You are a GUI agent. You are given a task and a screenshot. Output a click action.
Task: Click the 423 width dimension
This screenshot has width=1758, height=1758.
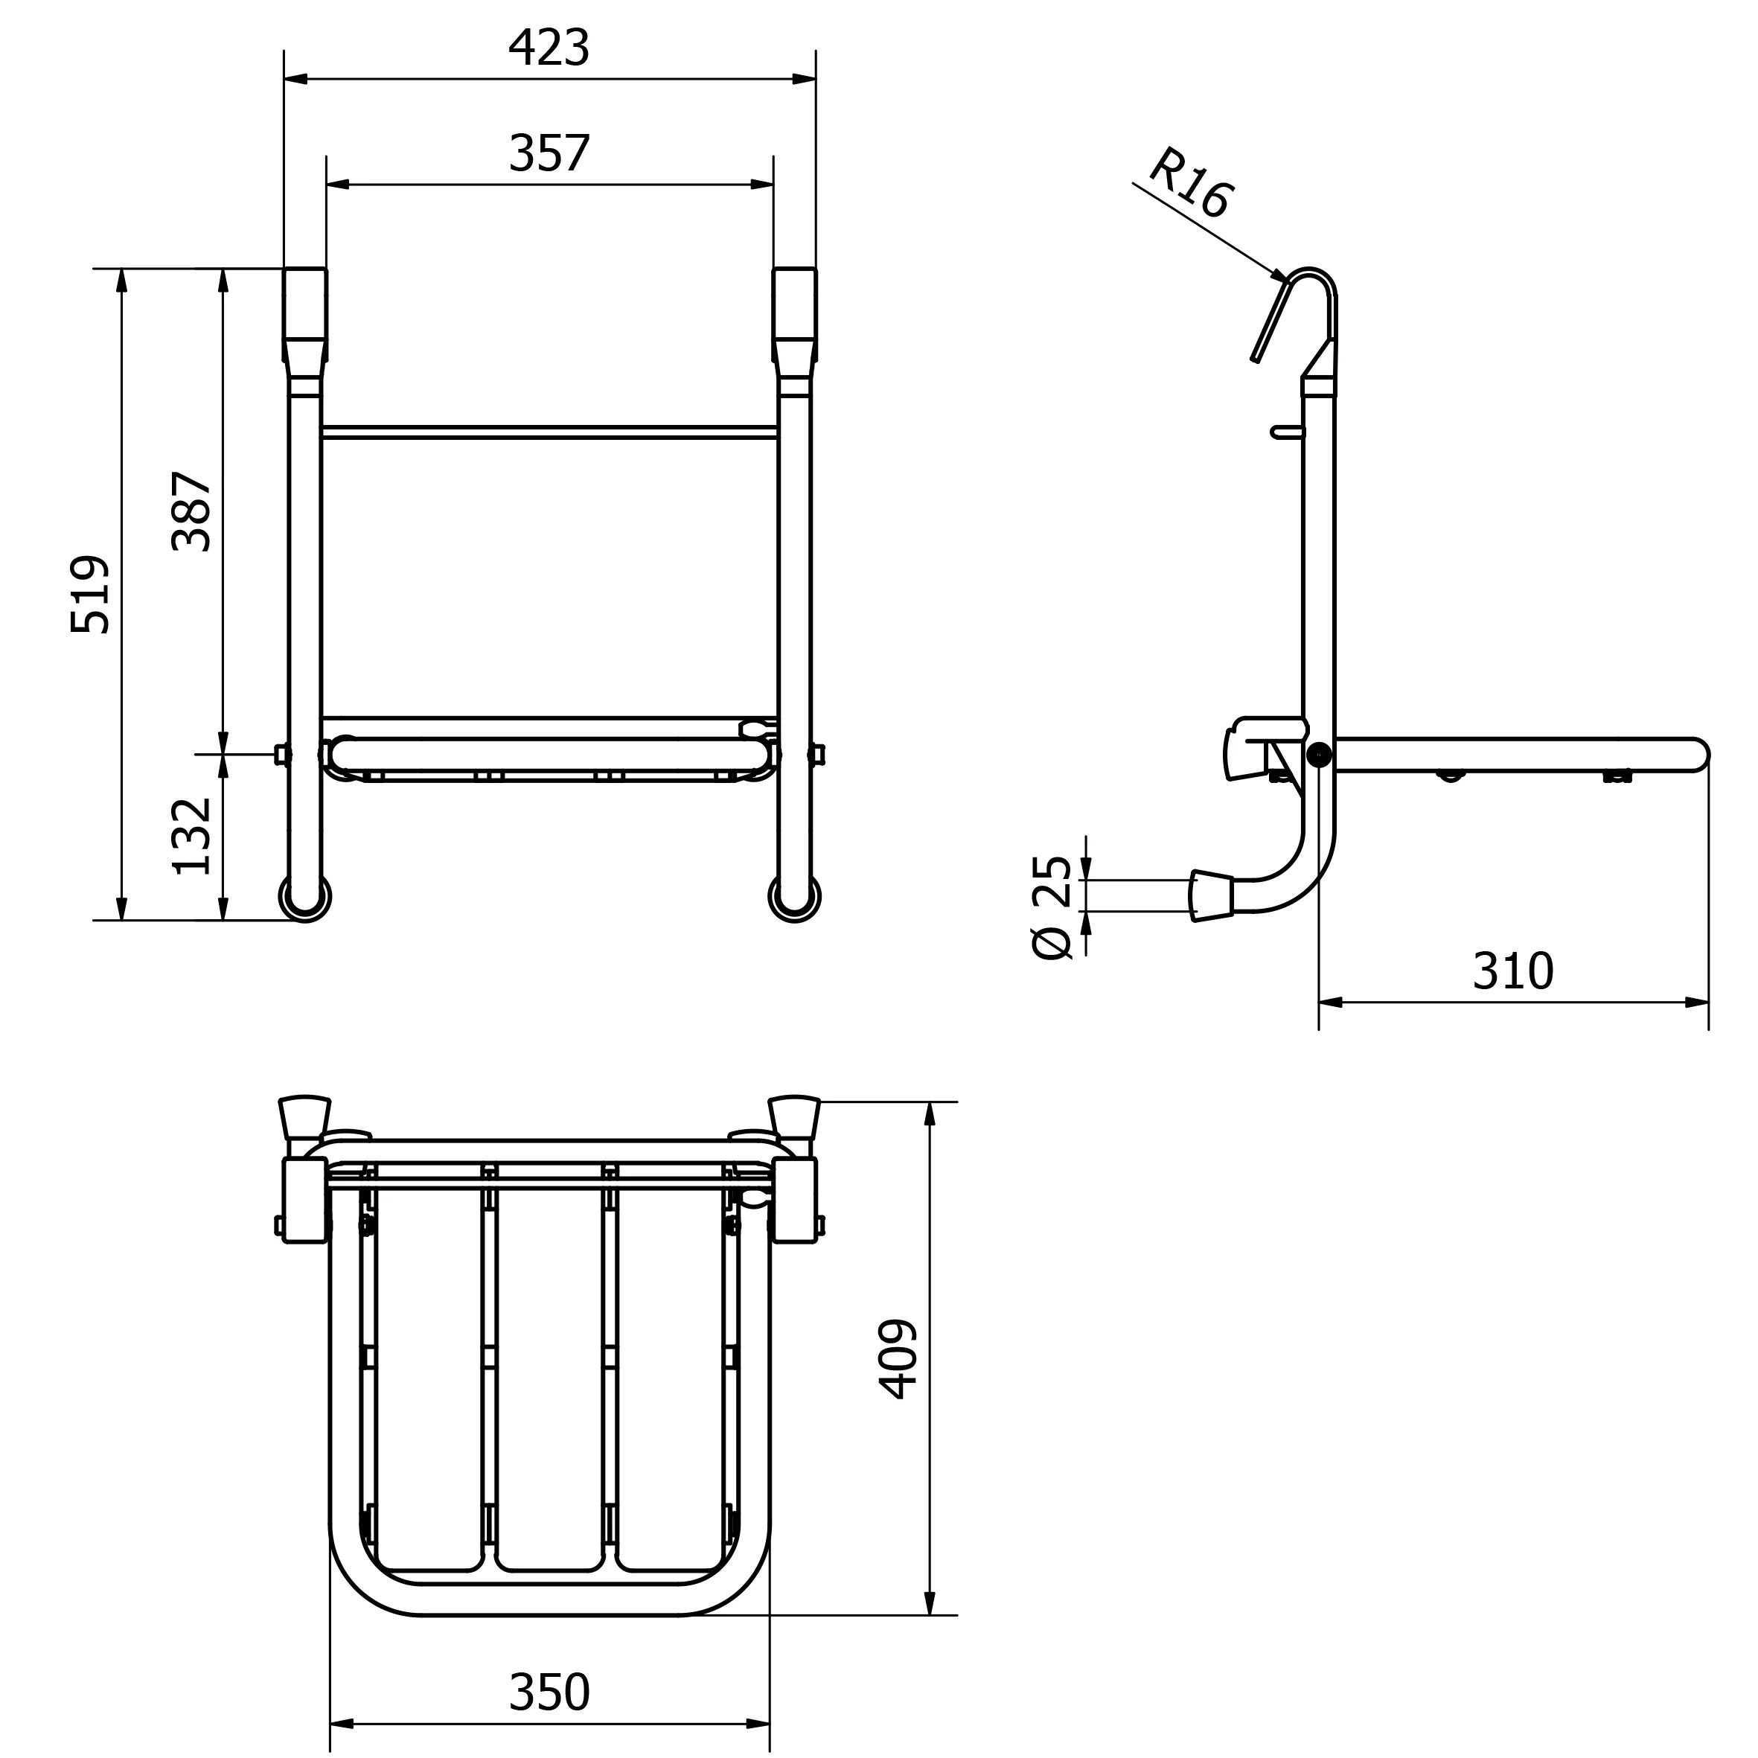pos(549,48)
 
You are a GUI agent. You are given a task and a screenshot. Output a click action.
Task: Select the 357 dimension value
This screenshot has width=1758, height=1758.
pos(549,153)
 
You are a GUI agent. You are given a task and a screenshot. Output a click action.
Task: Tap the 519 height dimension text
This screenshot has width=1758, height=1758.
pos(90,594)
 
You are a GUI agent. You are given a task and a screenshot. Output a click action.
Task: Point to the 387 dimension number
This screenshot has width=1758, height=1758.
pos(191,511)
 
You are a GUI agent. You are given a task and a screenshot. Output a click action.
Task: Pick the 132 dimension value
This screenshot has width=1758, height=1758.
pos(191,837)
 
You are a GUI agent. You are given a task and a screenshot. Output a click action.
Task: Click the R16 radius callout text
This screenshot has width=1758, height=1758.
pos(1191,183)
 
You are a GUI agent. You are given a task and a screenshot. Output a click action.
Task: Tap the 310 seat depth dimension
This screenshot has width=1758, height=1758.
pos(1513,971)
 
